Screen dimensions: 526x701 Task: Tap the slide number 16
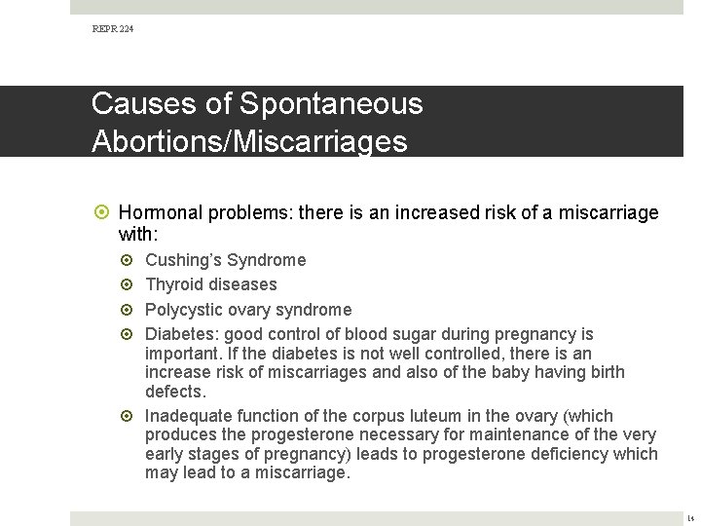coord(689,518)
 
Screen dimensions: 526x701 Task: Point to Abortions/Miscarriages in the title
coord(249,141)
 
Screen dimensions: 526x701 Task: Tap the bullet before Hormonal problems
coord(104,212)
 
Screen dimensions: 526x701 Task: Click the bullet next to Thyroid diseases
coord(131,284)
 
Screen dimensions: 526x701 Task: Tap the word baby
coord(471,372)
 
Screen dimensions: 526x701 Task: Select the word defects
coord(175,392)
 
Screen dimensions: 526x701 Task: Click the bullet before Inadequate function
coord(131,416)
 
